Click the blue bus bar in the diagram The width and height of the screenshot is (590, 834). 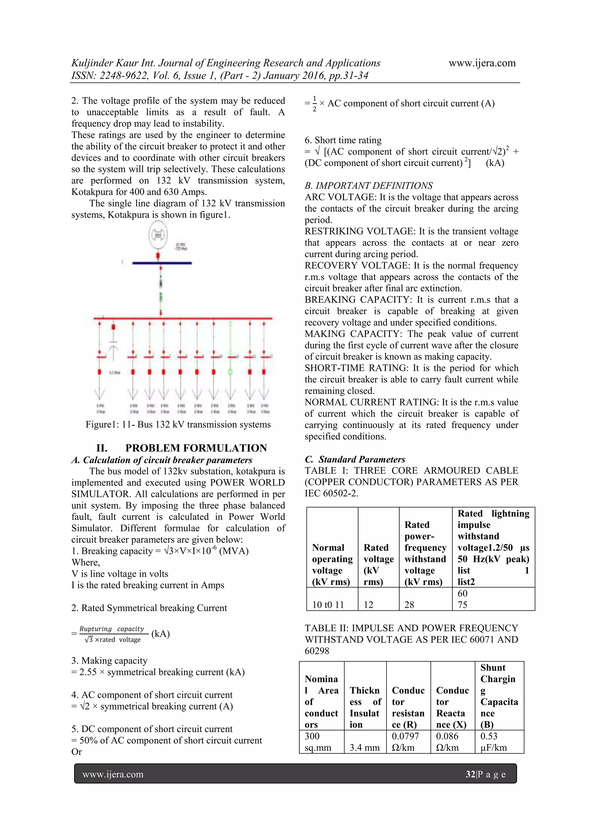click(162, 263)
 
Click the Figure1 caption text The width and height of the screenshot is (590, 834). click(178, 424)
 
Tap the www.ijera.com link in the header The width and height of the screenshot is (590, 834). click(482, 63)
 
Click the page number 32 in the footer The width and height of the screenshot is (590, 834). click(470, 774)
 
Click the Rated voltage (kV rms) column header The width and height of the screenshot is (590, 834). click(378, 564)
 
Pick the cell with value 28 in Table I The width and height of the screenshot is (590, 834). click(409, 604)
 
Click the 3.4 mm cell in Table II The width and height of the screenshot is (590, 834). click(364, 748)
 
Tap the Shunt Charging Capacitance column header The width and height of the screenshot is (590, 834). click(499, 696)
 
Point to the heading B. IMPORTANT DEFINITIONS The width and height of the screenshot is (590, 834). click(368, 186)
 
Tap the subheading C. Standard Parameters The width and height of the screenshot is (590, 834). click(355, 459)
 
